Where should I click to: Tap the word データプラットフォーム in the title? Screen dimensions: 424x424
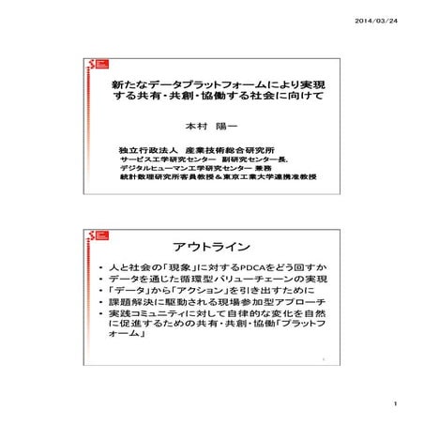click(x=190, y=85)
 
